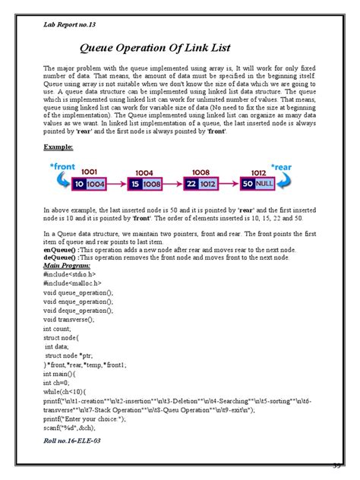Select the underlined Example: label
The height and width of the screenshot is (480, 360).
coord(58,146)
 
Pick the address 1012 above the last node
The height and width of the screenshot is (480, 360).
coord(259,172)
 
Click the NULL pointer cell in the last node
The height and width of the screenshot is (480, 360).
coord(266,185)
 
